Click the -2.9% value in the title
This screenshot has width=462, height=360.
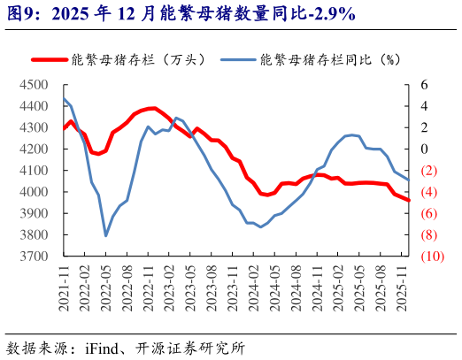coord(327,12)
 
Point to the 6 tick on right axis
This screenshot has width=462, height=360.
coord(424,85)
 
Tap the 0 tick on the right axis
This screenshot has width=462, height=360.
coord(424,149)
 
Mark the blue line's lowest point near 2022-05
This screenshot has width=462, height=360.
coord(106,235)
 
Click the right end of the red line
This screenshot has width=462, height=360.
coord(409,200)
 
